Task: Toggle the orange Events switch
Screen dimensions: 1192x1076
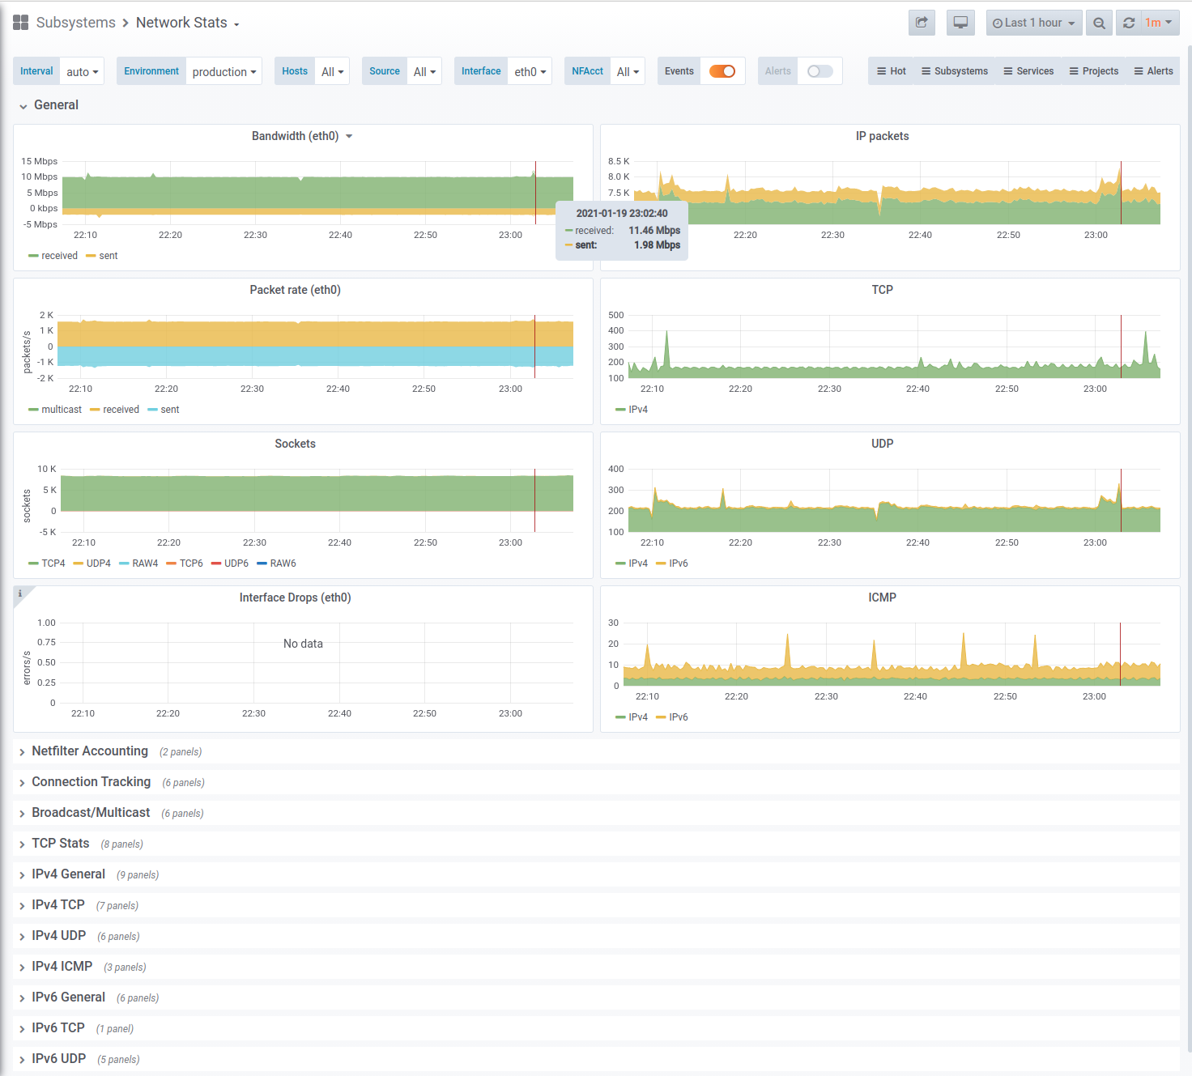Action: (x=722, y=71)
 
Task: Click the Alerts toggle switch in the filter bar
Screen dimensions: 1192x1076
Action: (x=819, y=71)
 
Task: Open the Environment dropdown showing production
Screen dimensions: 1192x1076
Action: (x=224, y=71)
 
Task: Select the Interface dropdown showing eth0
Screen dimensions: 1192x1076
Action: (x=530, y=71)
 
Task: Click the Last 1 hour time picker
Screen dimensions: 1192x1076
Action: (x=1033, y=23)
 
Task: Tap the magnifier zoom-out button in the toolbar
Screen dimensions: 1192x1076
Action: (x=1099, y=23)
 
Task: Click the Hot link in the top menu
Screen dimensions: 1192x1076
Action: (x=892, y=71)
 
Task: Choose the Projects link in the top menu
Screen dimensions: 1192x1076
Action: (x=1093, y=71)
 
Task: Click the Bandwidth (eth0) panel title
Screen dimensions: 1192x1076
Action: (x=296, y=136)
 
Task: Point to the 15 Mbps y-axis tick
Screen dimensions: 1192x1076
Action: (x=39, y=161)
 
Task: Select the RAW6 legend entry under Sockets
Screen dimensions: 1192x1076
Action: (x=276, y=564)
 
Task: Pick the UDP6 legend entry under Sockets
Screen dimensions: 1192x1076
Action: (x=230, y=564)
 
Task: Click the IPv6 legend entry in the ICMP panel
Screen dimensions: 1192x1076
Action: (x=672, y=717)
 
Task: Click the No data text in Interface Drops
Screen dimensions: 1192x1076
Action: (x=303, y=644)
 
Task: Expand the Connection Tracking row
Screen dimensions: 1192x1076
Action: (x=91, y=782)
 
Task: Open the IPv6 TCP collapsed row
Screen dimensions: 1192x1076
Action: (x=58, y=1028)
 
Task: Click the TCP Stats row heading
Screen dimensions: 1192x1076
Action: (x=61, y=843)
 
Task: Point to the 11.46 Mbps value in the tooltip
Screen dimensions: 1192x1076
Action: (x=654, y=231)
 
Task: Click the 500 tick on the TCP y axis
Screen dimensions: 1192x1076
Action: (x=615, y=315)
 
